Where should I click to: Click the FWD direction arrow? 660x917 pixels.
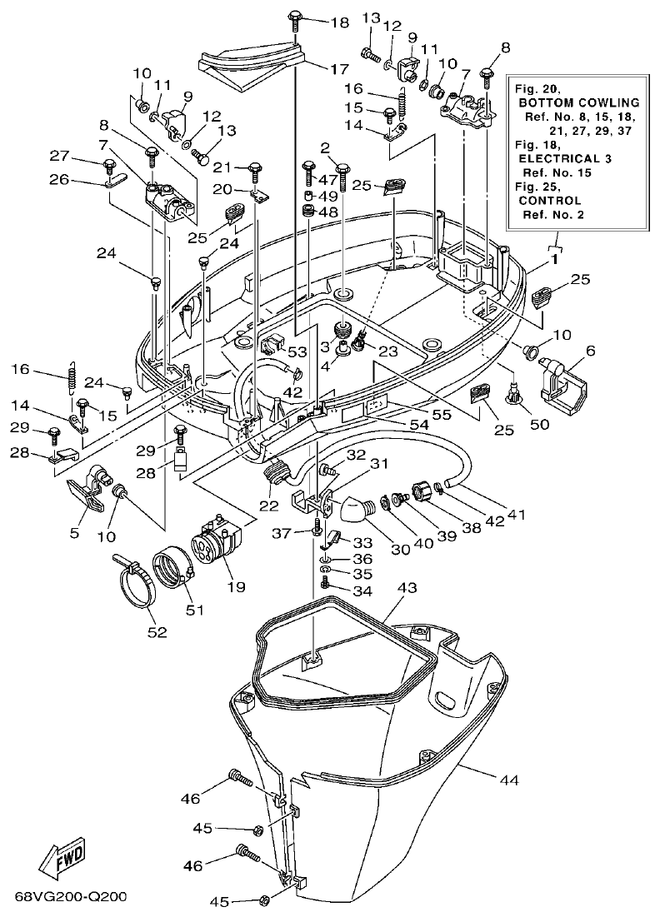pos(62,858)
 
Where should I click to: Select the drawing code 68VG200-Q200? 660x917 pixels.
pos(70,898)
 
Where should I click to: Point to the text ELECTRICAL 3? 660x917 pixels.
pos(558,157)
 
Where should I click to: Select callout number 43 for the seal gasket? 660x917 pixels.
pos(407,589)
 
